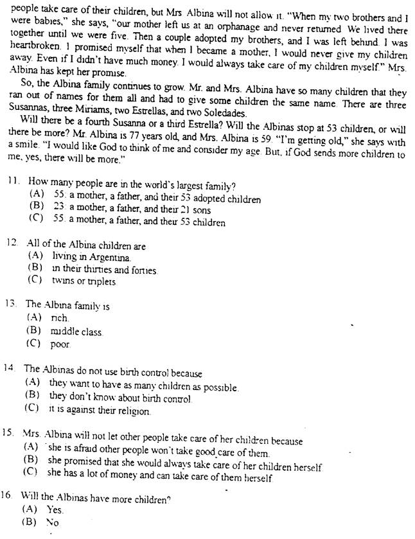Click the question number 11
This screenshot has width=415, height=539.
pyautogui.click(x=12, y=182)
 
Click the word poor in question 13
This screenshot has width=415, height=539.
pyautogui.click(x=60, y=344)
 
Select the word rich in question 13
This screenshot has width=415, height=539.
pyautogui.click(x=59, y=319)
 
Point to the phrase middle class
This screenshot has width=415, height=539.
pyautogui.click(x=76, y=331)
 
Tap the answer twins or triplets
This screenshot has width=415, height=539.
pyautogui.click(x=84, y=281)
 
